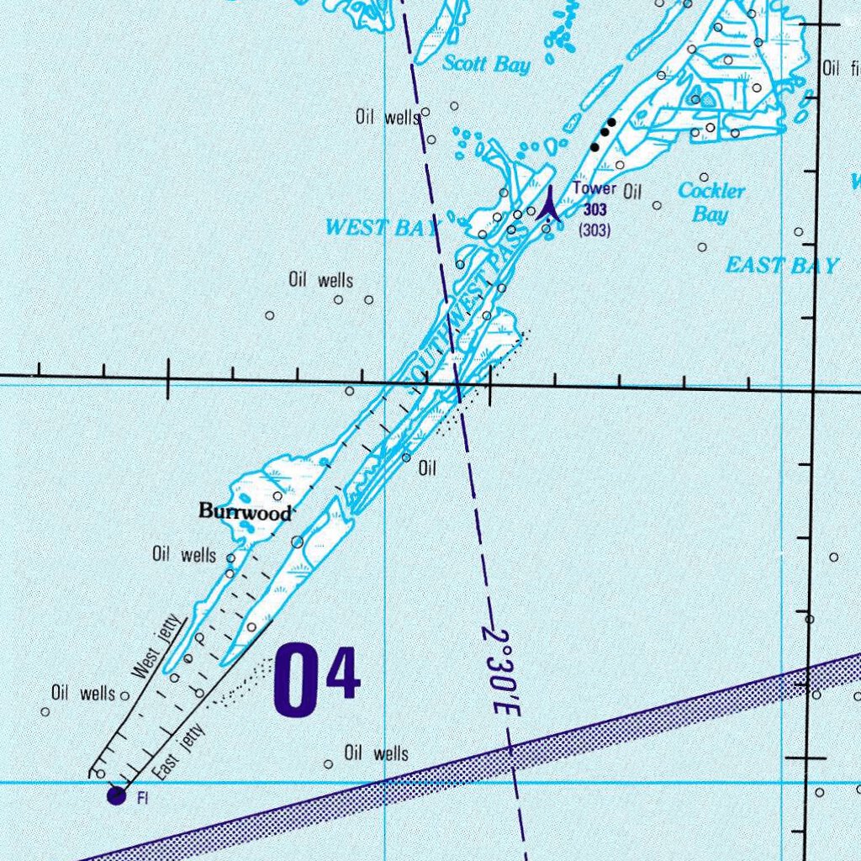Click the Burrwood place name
[246, 511]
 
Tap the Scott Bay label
[487, 64]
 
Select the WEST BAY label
[381, 227]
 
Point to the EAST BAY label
[782, 267]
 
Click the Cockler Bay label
[711, 202]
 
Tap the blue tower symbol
[548, 203]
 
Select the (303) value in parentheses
[594, 229]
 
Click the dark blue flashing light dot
[116, 795]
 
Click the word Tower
[594, 188]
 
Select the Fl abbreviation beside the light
[143, 798]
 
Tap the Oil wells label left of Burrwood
[183, 554]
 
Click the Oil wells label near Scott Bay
[388, 118]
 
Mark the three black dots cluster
[604, 134]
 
